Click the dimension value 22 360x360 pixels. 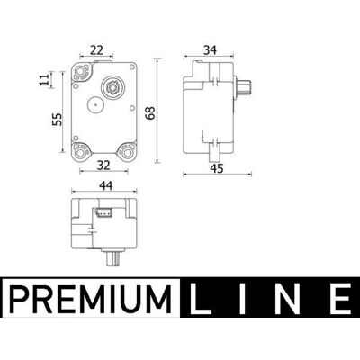point(96,50)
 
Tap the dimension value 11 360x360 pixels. point(44,80)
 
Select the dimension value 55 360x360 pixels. point(57,119)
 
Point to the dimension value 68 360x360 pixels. point(150,113)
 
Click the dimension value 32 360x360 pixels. point(103,166)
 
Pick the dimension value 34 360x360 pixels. point(210,50)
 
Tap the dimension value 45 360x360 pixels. point(217,168)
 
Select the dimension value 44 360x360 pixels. point(106,186)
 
